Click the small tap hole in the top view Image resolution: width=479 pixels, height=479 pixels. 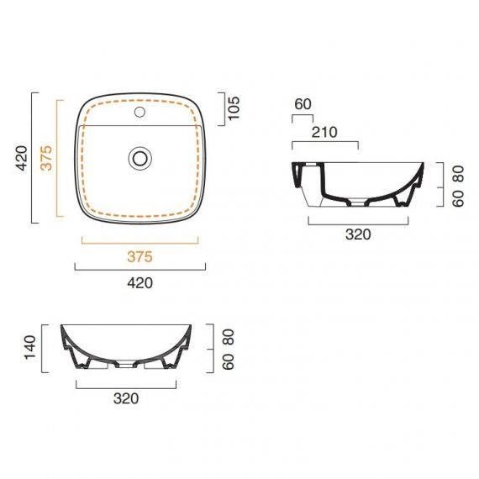tap(139, 112)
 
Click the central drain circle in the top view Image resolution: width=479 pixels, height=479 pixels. tap(139, 158)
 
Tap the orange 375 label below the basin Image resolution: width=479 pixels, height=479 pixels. tap(139, 256)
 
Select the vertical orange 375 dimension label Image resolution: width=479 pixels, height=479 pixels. tap(47, 158)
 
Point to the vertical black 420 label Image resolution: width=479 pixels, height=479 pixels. tap(22, 158)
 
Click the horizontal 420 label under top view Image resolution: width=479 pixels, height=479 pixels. tap(139, 283)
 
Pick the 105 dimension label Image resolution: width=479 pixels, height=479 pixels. tap(234, 108)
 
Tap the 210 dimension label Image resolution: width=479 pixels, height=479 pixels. tap(324, 132)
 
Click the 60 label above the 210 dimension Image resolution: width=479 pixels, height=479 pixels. tap(303, 104)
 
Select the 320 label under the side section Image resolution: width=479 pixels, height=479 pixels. tap(358, 234)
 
